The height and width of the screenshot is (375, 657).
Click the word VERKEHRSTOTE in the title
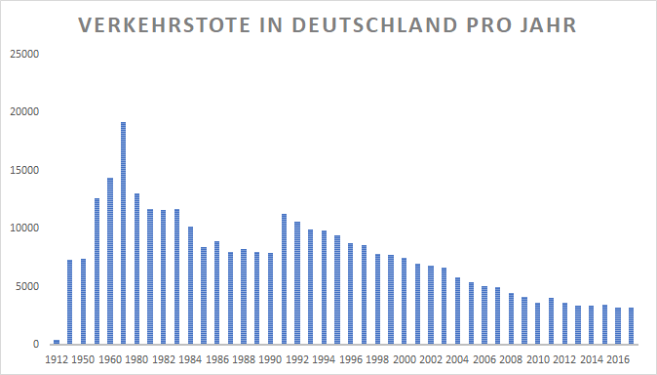164,25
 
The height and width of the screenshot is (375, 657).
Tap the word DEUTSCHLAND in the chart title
374,25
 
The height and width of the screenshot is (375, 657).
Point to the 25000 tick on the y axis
24,54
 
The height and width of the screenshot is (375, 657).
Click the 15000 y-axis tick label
24,171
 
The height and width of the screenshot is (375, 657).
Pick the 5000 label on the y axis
27,287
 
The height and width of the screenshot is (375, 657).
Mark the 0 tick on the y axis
36,345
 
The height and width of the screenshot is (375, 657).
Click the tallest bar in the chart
123,233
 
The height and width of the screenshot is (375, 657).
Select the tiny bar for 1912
57,342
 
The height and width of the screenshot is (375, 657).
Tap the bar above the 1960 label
110,261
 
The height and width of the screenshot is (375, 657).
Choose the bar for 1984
190,285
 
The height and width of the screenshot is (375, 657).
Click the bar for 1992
297,283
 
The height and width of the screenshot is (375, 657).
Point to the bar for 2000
404,301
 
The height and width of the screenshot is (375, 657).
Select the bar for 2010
537,324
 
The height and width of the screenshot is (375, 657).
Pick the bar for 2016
618,326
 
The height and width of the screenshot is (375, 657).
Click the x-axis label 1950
83,360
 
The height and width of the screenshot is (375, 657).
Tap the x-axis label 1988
244,360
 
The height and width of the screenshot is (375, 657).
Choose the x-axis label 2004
457,360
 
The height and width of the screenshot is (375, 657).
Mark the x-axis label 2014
592,360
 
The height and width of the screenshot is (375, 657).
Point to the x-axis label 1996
351,360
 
